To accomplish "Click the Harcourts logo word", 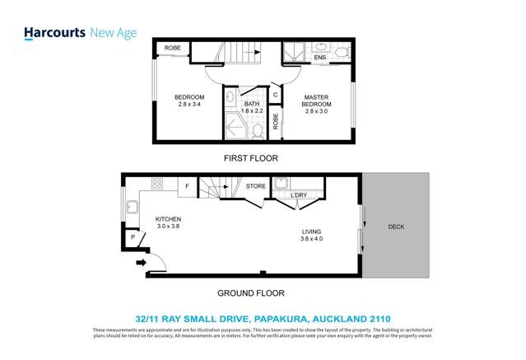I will [53, 33].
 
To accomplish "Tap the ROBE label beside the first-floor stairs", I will [173, 49].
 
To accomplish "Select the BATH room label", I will [251, 104].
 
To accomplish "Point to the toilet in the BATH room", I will [258, 129].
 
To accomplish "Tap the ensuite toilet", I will [321, 46].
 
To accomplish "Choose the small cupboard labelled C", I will [275, 96].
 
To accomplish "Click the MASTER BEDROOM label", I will [317, 101].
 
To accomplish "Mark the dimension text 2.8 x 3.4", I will [189, 105].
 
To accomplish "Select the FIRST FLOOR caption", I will [251, 157].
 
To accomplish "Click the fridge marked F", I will [187, 187].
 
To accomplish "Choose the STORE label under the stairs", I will [256, 187].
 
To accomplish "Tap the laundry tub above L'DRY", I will [282, 183].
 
